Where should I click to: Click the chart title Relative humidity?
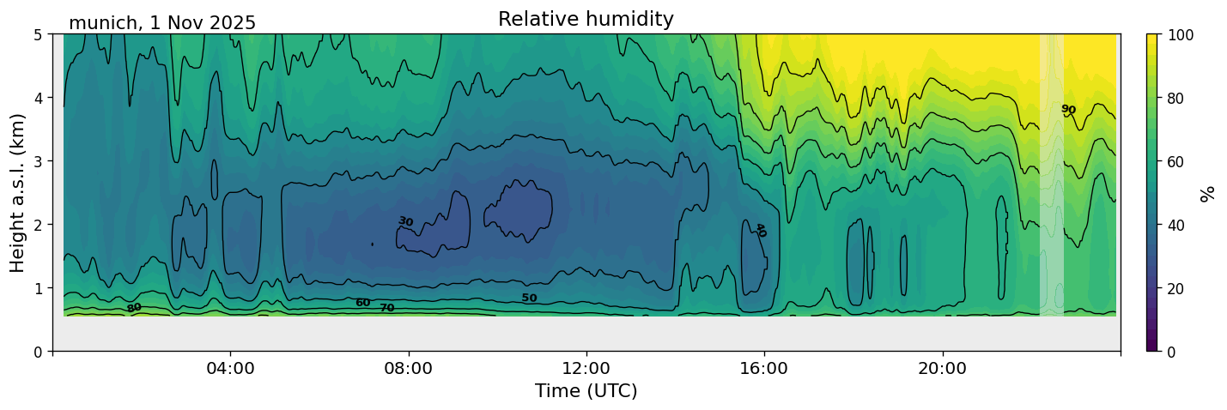point(586,20)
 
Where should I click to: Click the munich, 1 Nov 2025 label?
point(162,23)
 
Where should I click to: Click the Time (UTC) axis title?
point(586,391)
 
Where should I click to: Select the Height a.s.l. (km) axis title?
point(18,193)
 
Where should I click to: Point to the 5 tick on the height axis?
point(39,35)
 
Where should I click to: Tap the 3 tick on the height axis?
point(39,161)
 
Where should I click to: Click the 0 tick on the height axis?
point(39,352)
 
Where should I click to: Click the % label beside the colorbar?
point(1209,193)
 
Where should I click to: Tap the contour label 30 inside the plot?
point(405,222)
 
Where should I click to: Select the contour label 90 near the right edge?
point(1068,109)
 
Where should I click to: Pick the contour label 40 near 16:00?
point(760,230)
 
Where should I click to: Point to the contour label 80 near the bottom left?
point(134,307)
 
